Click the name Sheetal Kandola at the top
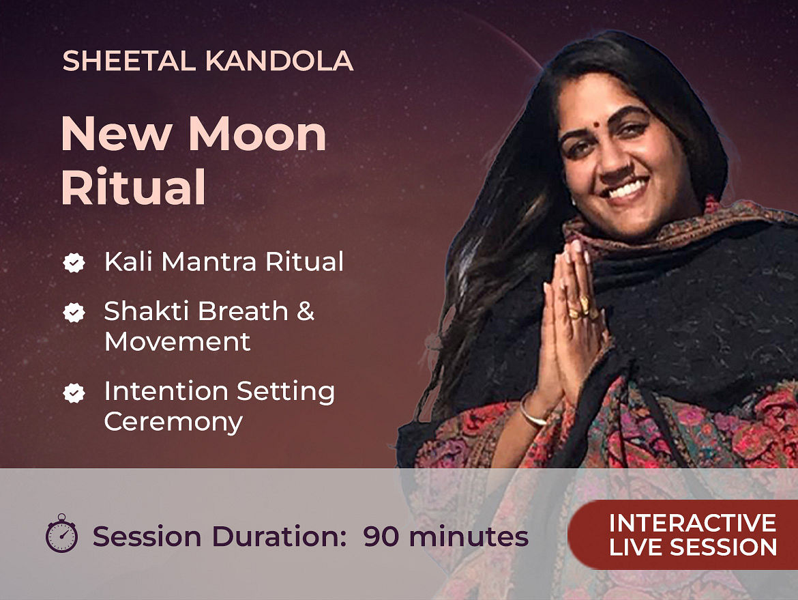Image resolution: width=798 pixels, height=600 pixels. pyautogui.click(x=207, y=61)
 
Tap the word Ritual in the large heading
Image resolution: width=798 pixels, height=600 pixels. pyautogui.click(x=133, y=186)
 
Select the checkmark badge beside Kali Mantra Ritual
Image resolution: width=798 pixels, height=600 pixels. pyautogui.click(x=74, y=263)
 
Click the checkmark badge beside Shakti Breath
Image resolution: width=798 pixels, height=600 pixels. pyautogui.click(x=74, y=312)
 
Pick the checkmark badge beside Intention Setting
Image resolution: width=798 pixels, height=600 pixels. pyautogui.click(x=74, y=393)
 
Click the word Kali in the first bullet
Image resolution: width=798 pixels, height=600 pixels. pyautogui.click(x=128, y=261)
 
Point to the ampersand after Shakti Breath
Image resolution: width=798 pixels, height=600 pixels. pyautogui.click(x=306, y=311)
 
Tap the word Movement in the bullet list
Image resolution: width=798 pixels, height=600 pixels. pyautogui.click(x=177, y=341)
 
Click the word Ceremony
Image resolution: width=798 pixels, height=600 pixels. pyautogui.click(x=173, y=423)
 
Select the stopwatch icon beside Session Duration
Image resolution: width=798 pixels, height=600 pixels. pyautogui.click(x=61, y=533)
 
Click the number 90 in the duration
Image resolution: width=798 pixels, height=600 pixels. pyautogui.click(x=381, y=537)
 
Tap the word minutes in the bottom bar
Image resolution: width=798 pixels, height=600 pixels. pyautogui.click(x=468, y=537)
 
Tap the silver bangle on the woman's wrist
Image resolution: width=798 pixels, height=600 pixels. pyautogui.click(x=533, y=411)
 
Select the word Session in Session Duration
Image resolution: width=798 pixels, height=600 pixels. pyautogui.click(x=147, y=537)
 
